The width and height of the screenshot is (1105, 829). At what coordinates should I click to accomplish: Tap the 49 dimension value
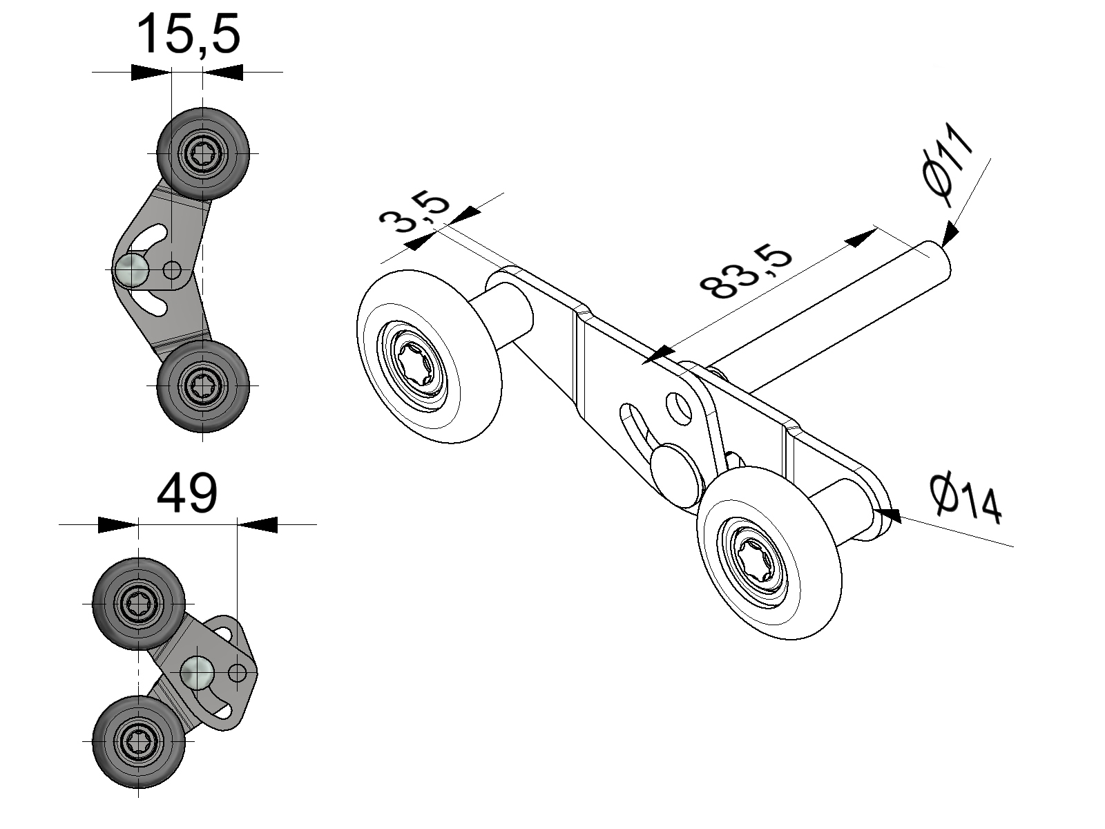[187, 493]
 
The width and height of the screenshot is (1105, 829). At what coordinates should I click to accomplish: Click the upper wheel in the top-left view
[203, 153]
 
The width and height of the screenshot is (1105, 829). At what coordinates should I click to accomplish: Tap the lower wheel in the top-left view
[203, 385]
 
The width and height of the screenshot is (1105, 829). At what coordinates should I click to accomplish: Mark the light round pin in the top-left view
[131, 269]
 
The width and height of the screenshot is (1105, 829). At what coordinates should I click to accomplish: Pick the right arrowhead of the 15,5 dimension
[223, 72]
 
